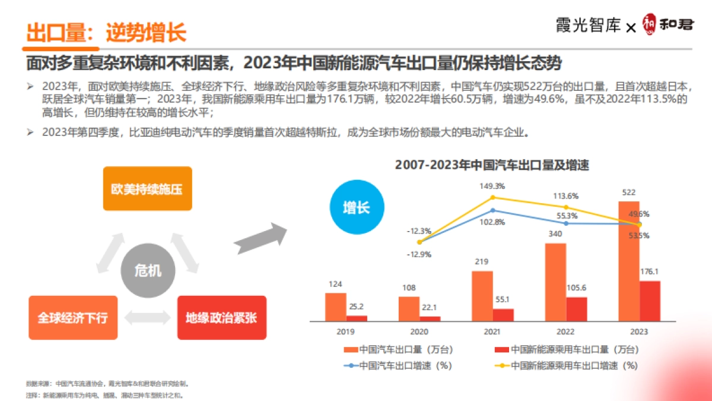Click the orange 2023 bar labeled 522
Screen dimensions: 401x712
click(x=629, y=261)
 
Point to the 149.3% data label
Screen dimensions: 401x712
click(x=492, y=186)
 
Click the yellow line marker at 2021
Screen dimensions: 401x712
click(x=492, y=197)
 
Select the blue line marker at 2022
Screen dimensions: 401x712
click(x=566, y=223)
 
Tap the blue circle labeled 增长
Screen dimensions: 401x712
click(x=357, y=208)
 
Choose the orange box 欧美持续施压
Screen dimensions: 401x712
click(x=147, y=190)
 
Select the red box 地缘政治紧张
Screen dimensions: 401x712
click(x=221, y=317)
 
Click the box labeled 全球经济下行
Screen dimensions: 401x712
click(x=73, y=317)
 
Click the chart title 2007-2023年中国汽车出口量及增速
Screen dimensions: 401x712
click(x=492, y=165)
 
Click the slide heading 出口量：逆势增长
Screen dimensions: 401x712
click(x=107, y=32)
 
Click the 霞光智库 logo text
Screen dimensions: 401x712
click(x=588, y=26)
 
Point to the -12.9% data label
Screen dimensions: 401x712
click(x=419, y=254)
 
